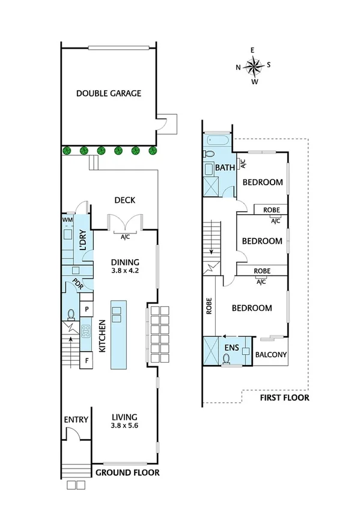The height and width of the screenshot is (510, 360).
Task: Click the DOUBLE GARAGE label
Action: pyautogui.click(x=109, y=93)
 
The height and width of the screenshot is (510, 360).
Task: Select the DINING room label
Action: pyautogui.click(x=125, y=262)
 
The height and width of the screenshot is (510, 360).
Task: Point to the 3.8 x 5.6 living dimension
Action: pyautogui.click(x=125, y=426)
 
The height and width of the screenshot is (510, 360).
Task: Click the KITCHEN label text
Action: pyautogui.click(x=102, y=337)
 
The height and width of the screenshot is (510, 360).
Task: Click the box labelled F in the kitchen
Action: pyautogui.click(x=87, y=361)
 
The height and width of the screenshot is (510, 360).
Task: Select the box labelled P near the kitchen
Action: pyautogui.click(x=87, y=309)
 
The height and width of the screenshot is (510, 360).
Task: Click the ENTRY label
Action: pyautogui.click(x=76, y=420)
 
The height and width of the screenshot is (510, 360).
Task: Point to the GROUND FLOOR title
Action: pyautogui.click(x=127, y=473)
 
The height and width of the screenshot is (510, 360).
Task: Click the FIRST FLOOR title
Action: pyautogui.click(x=284, y=398)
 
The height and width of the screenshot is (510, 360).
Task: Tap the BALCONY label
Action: pyautogui.click(x=271, y=355)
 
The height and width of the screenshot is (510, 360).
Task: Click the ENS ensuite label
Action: pyautogui.click(x=232, y=348)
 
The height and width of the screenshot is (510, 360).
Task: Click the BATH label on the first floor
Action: pyautogui.click(x=225, y=168)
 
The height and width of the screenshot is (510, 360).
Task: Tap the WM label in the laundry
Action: pyautogui.click(x=67, y=221)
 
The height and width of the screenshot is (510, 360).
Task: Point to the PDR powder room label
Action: pyautogui.click(x=77, y=283)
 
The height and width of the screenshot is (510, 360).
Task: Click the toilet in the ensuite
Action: pyautogui.click(x=227, y=359)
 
